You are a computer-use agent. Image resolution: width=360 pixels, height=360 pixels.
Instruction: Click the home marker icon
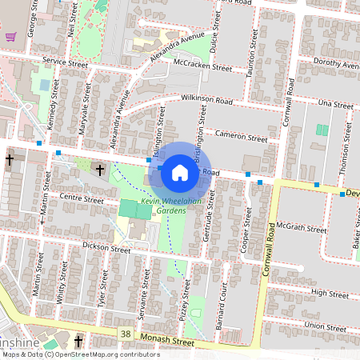point(180,171)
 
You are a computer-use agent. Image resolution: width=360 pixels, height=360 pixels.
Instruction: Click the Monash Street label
point(167,341)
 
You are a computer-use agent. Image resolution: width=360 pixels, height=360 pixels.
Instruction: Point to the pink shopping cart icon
point(10,36)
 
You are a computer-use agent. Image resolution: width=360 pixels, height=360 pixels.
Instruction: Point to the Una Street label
point(335,105)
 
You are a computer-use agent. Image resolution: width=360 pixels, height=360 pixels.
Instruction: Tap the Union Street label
point(326,326)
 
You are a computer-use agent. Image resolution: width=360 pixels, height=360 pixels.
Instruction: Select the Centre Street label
point(82,198)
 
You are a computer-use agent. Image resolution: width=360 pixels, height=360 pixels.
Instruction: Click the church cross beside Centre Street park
point(99,170)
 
